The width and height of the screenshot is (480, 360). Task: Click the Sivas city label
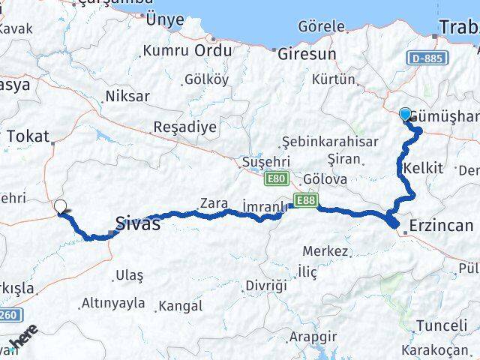[137, 223]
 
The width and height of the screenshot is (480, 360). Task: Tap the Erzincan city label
[442, 225]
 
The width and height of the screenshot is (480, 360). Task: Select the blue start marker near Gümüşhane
[406, 115]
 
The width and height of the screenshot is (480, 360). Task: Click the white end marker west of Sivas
[60, 205]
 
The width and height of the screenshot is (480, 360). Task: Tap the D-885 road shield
[427, 58]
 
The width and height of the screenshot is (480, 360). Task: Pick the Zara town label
[213, 202]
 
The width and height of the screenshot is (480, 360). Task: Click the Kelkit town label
[422, 168]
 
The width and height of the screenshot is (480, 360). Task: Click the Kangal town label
[179, 306]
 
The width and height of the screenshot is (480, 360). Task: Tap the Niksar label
[127, 97]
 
